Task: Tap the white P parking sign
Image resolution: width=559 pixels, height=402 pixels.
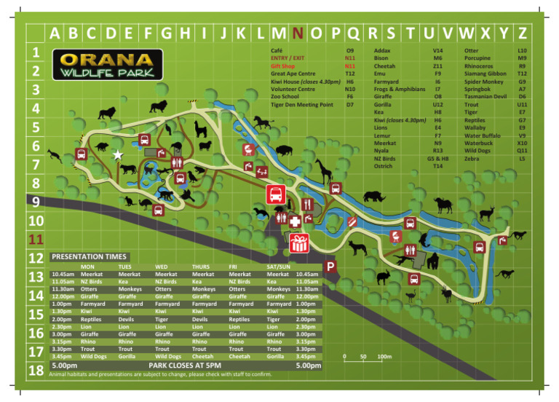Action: [330, 268]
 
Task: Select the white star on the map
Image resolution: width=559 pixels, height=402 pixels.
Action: [118, 154]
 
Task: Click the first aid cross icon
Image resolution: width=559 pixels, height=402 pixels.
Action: [295, 221]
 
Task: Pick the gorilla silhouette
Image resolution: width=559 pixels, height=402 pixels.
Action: [435, 260]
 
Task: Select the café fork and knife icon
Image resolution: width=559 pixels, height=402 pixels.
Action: [306, 203]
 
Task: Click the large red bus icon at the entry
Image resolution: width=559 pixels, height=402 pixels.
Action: [275, 194]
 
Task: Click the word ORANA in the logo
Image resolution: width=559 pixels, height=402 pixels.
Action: [106, 59]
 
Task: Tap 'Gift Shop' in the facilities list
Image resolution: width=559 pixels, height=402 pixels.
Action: [285, 66]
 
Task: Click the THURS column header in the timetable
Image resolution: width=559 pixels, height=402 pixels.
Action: [201, 267]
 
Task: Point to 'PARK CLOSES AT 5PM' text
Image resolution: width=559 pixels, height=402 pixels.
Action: [185, 365]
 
